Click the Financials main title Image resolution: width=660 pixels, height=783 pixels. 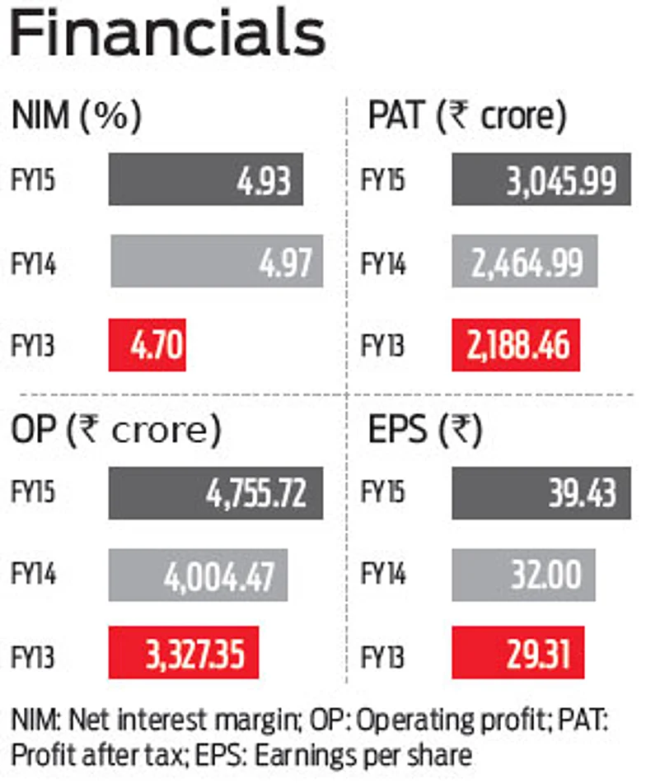pos(168,35)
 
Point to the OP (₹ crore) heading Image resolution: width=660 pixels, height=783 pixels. pos(116,429)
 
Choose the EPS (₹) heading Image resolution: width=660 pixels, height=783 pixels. pos(425,429)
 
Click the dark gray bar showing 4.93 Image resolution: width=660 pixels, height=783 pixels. pos(206,179)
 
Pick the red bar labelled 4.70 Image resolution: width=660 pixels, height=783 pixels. pos(147,345)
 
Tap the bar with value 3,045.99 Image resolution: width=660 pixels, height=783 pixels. pos(541,179)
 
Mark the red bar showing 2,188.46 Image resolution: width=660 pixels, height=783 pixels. pos(515,345)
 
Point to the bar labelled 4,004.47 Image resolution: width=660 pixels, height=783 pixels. pos(199,576)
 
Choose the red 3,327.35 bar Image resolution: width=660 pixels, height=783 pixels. pos(183,657)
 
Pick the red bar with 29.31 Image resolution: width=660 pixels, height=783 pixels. pos(518,657)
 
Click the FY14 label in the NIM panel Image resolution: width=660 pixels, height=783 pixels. pos(35,263)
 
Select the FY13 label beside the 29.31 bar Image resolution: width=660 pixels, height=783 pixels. pos(384,657)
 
